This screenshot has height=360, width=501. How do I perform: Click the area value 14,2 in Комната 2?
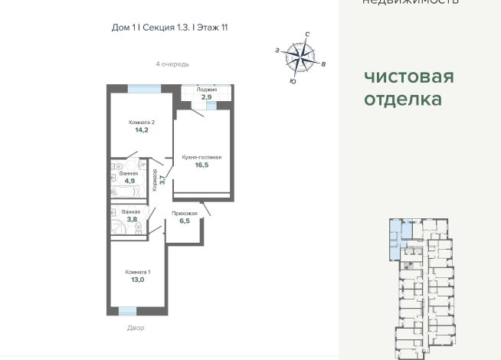click(x=141, y=130)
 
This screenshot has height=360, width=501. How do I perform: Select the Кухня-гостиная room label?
click(x=201, y=157)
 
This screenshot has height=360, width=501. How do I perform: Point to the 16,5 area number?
click(x=201, y=165)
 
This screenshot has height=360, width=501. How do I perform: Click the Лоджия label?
click(x=206, y=90)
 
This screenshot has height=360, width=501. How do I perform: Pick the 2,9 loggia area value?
click(x=206, y=97)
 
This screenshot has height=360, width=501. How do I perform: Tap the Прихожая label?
click(x=185, y=213)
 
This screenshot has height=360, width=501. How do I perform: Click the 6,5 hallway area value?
click(x=185, y=221)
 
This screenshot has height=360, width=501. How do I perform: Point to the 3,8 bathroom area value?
click(x=132, y=219)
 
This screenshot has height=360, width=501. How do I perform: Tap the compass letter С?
click(x=307, y=34)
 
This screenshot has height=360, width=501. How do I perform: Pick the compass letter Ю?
click(x=293, y=80)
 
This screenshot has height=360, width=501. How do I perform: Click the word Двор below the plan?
click(x=136, y=328)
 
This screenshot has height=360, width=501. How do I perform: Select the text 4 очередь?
click(x=172, y=64)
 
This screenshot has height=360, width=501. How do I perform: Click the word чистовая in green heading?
click(x=408, y=77)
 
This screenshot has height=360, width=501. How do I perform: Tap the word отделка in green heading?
click(x=402, y=100)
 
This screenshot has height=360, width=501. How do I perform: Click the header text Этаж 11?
click(x=211, y=28)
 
